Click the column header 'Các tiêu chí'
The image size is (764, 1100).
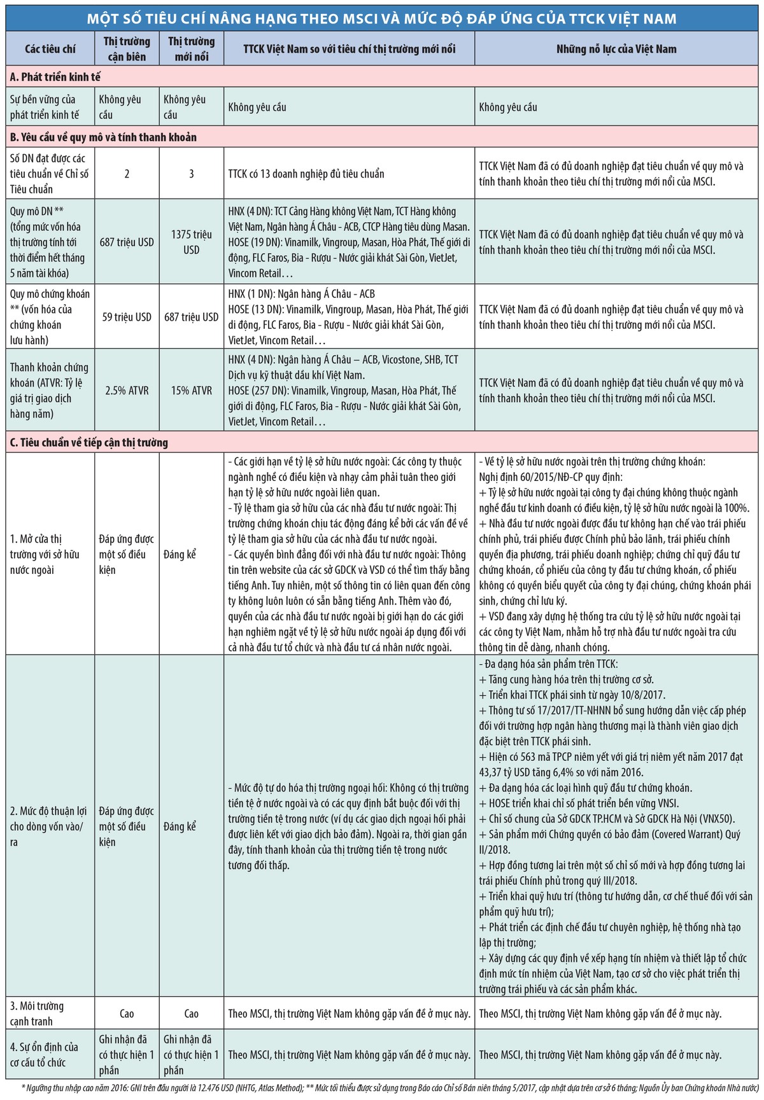pyautogui.click(x=50, y=49)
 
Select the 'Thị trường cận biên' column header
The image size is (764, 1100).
pyautogui.click(x=127, y=49)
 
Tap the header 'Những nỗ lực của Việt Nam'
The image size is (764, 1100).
pyautogui.click(x=616, y=49)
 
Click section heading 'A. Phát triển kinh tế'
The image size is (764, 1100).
pyautogui.click(x=55, y=77)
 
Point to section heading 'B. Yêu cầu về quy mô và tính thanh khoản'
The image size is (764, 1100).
pyautogui.click(x=103, y=137)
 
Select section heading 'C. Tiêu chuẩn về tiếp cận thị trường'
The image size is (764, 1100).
pyautogui.click(x=89, y=443)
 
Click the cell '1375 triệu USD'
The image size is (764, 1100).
pyautogui.click(x=191, y=242)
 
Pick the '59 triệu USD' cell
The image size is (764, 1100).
pyautogui.click(x=127, y=317)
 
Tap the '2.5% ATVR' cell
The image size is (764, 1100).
pyautogui.click(x=127, y=391)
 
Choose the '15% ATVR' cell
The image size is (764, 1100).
pyautogui.click(x=191, y=391)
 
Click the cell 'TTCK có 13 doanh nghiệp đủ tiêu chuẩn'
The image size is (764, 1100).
pyautogui.click(x=306, y=174)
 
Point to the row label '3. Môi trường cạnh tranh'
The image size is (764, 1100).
pyautogui.click(x=37, y=1013)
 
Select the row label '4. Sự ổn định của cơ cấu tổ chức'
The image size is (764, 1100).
pyautogui.click(x=44, y=1054)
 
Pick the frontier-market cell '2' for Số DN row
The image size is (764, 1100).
pyautogui.click(x=127, y=174)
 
